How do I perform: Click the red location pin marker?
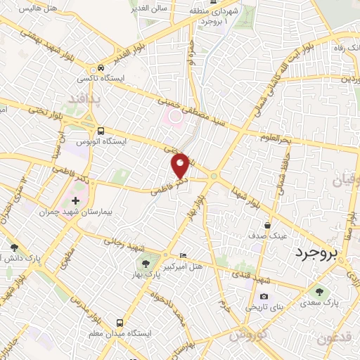(x=181, y=165)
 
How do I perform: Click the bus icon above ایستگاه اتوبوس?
(x=102, y=131)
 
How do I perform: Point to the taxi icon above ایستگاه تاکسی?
(x=102, y=68)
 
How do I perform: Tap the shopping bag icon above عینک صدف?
(x=267, y=226)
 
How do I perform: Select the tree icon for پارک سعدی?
(x=321, y=291)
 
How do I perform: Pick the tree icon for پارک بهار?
(x=146, y=264)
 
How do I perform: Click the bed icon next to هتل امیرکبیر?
(x=184, y=255)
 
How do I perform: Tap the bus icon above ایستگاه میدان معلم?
(x=120, y=318)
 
